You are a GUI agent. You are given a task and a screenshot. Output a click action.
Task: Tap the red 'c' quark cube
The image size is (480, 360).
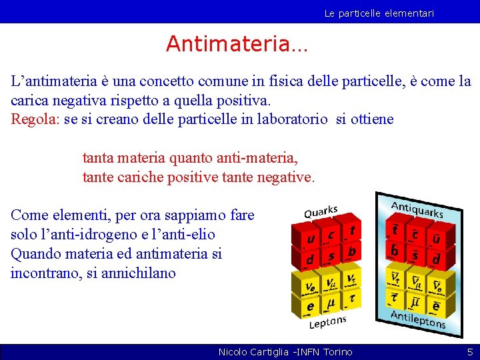pos(331,234)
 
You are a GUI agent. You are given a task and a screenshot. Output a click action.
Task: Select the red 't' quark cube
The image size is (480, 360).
pos(351,231)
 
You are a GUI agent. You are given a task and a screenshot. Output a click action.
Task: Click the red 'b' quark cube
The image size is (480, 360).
pos(351,251)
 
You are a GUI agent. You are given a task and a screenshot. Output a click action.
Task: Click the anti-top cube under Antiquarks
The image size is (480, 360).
pos(395,230)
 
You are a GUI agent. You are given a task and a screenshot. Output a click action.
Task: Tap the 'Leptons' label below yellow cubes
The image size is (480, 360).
pos(327,323)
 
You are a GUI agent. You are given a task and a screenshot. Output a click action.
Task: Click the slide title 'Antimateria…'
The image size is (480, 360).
pos(237,44)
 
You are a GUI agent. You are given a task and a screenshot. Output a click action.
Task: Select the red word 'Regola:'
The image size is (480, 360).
pos(35,119)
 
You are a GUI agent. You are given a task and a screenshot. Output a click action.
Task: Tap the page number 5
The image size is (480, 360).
pos(469,351)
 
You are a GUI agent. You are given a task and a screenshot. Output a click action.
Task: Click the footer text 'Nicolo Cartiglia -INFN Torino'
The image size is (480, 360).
pos(285,351)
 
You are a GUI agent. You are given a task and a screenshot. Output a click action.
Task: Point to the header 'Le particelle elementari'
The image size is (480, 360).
pos(379,13)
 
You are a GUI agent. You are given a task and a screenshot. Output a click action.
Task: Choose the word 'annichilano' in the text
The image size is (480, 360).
pos(138,273)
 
